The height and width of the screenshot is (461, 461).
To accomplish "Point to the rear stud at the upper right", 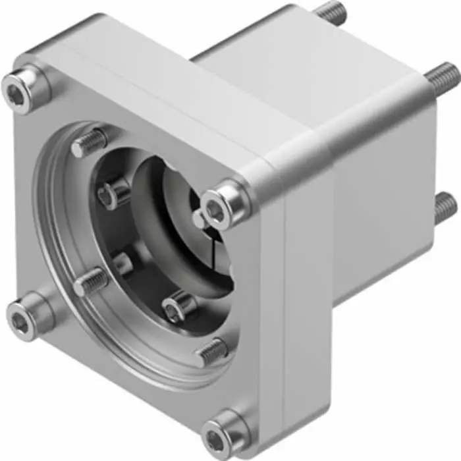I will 441,74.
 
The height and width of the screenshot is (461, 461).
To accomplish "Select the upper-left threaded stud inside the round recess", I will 90,143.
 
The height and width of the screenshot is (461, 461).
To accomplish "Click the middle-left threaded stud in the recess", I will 90,283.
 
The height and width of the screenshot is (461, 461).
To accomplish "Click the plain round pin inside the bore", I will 122,263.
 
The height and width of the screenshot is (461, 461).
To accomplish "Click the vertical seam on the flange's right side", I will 285,316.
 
